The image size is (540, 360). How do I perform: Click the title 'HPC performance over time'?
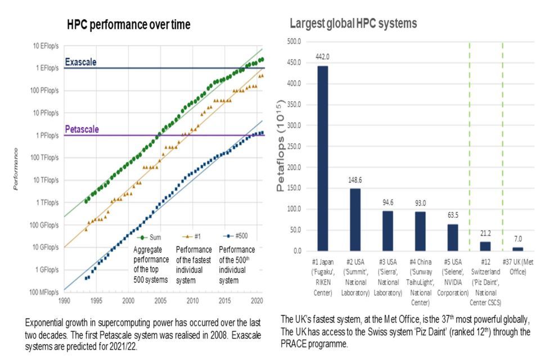click(129, 25)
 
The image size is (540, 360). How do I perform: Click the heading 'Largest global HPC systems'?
click(353, 24)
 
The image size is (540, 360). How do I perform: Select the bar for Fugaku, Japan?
click(322, 158)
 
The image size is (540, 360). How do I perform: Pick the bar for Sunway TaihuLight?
click(420, 231)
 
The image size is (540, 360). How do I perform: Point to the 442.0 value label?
click(322, 57)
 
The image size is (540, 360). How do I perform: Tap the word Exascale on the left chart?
click(81, 62)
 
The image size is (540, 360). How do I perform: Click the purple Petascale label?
click(82, 129)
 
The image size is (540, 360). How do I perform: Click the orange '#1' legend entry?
click(191, 237)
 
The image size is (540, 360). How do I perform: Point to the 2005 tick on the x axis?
click(161, 300)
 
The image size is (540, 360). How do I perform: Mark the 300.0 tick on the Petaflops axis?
click(294, 167)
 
